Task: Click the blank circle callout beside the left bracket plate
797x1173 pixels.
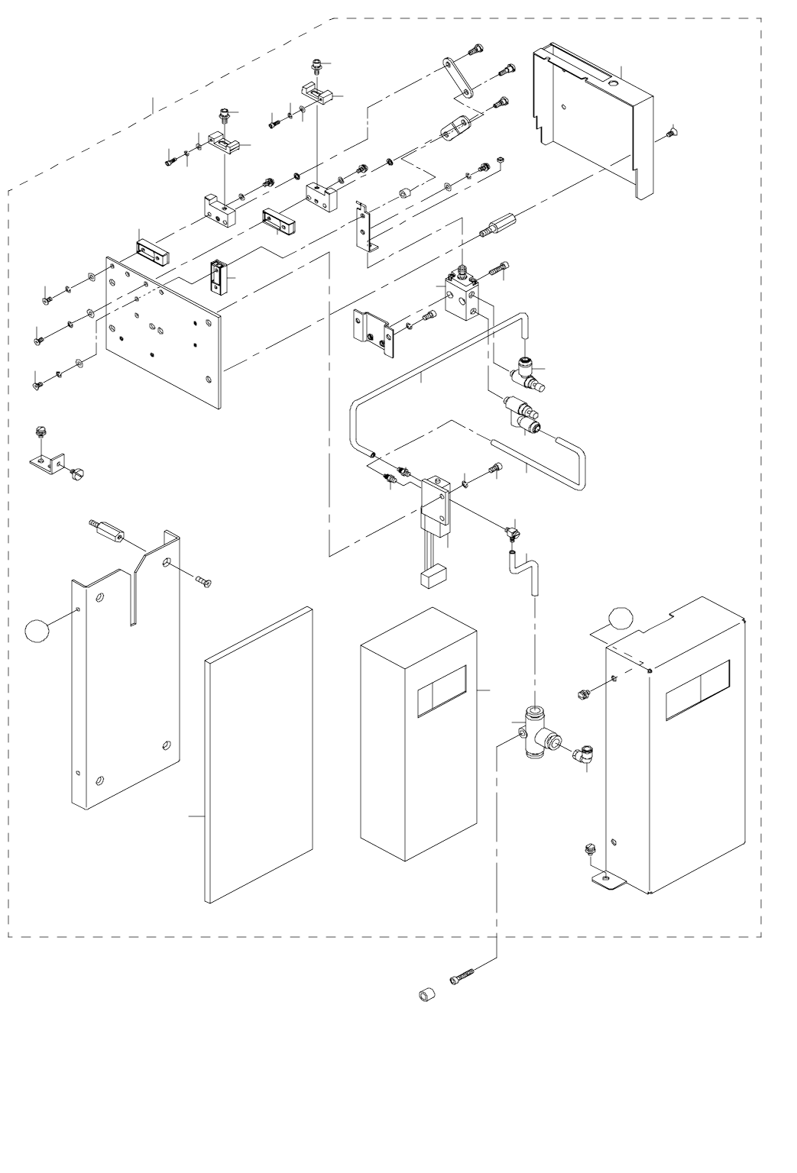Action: (x=37, y=631)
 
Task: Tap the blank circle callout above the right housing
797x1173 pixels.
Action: (x=622, y=619)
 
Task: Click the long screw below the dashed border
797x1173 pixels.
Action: (x=464, y=976)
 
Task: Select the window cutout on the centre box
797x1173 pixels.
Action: (x=442, y=690)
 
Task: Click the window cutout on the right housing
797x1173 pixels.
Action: (x=697, y=690)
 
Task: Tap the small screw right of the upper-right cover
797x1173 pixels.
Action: (x=670, y=134)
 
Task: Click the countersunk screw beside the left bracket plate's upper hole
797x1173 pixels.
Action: (x=201, y=582)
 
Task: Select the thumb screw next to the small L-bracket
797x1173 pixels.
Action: (x=74, y=477)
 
